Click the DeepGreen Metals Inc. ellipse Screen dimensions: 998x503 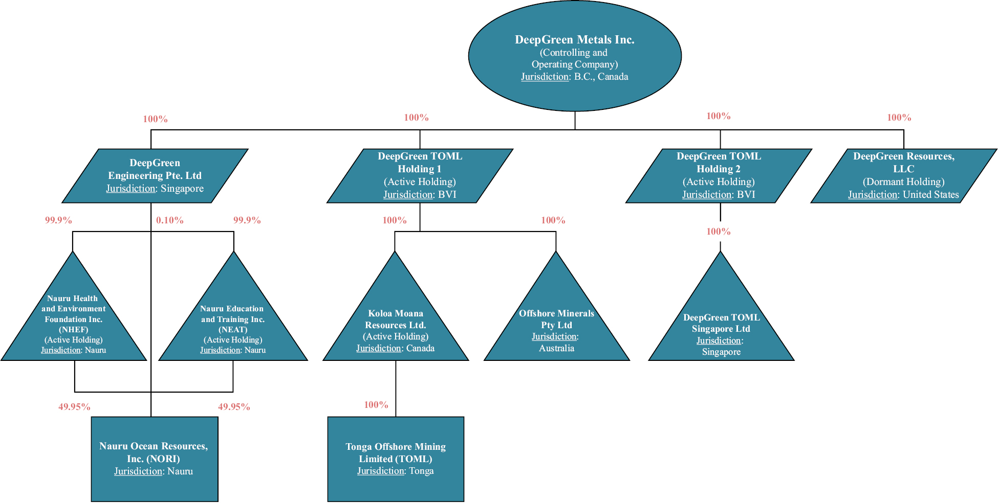click(575, 56)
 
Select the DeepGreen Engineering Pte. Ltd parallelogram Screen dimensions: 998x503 click(155, 176)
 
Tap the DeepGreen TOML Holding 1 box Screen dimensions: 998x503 click(420, 176)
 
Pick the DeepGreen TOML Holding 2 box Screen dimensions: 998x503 click(719, 176)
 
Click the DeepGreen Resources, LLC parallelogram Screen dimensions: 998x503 click(904, 176)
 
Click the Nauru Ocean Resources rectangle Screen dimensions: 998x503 click(155, 459)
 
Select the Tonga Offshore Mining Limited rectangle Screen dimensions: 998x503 click(396, 459)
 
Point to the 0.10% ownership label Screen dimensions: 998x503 click(170, 220)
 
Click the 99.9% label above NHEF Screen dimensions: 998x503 click(58, 220)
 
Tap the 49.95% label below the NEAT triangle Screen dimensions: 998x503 click(234, 407)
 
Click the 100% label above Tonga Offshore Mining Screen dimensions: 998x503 click(376, 405)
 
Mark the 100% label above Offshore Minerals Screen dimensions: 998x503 click(553, 220)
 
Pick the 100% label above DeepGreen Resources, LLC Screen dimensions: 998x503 click(899, 118)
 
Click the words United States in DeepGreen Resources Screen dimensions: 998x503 click(931, 195)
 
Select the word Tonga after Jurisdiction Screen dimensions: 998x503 click(421, 471)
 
